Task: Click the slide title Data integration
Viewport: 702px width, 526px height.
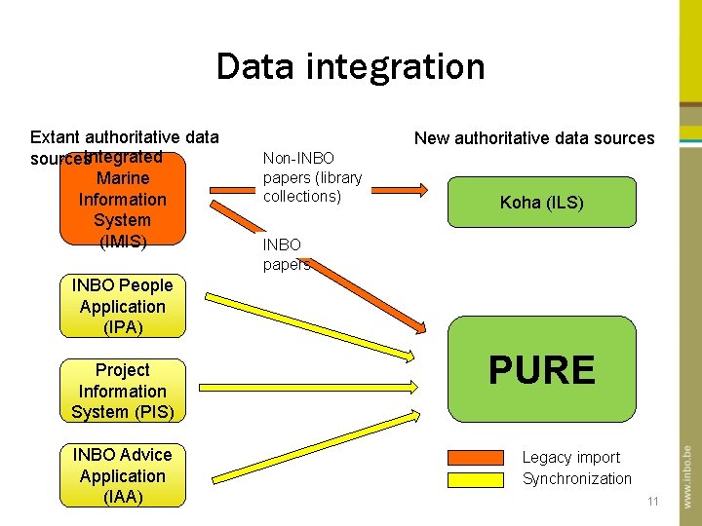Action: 350,66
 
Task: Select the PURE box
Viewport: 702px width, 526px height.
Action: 541,370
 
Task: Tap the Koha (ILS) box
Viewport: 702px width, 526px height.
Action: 541,203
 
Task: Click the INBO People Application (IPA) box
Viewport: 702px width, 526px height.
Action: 122,306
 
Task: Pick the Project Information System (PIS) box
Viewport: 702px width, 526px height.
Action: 122,391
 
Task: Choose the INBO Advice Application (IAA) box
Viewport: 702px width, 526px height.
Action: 122,475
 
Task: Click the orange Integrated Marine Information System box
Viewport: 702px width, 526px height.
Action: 122,200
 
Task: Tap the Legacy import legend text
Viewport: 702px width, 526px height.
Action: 570,457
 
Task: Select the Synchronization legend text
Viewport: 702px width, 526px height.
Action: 576,478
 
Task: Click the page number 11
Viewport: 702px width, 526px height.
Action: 652,502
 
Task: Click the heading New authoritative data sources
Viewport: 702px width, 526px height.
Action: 534,138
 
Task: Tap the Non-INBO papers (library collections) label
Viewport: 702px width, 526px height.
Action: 312,177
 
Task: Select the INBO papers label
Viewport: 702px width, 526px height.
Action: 285,254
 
